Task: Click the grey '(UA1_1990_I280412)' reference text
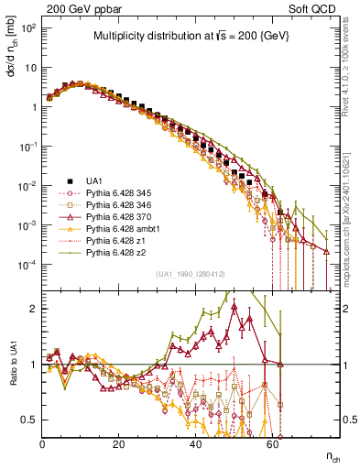191,274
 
